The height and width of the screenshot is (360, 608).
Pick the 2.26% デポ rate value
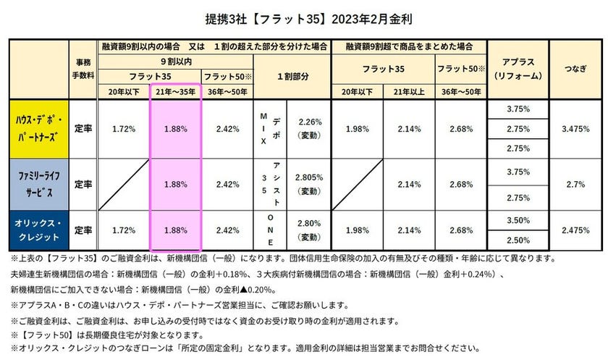309,122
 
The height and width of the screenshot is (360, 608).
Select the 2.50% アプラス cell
520,240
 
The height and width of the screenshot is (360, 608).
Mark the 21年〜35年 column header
175,92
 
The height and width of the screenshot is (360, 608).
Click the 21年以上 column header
408,92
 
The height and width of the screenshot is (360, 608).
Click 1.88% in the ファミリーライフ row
175,185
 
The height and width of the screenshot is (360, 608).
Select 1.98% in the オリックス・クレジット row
358,230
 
